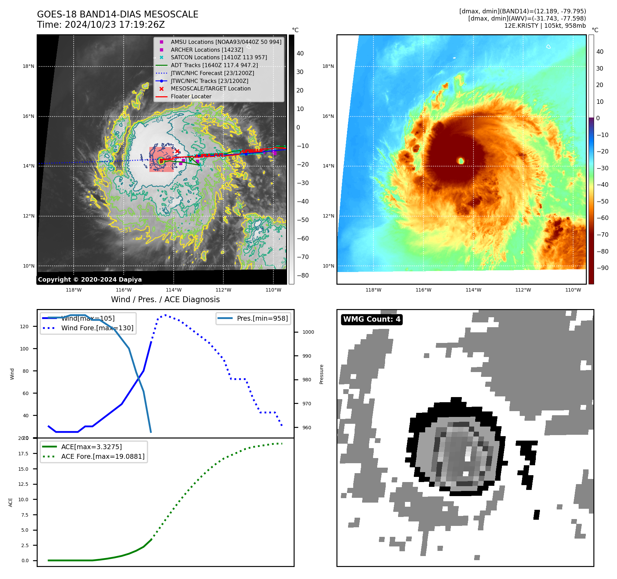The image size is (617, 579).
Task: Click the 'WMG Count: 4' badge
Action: [x=372, y=319]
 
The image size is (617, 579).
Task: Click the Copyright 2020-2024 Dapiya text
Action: [x=90, y=280]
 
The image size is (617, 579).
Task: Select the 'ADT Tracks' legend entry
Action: [x=214, y=65]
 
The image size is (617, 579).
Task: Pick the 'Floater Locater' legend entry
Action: [x=191, y=97]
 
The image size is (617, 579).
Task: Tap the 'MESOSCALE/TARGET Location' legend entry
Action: [x=210, y=89]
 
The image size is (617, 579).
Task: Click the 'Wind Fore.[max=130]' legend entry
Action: [x=97, y=328]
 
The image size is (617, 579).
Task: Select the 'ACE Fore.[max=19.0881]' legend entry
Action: [x=103, y=457]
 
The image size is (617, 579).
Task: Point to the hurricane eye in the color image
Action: [x=461, y=161]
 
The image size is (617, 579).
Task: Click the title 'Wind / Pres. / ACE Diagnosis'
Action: [x=165, y=300]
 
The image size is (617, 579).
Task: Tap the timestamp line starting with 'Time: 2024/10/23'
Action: [x=101, y=25]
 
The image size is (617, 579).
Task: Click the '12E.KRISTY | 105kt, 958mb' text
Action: [x=545, y=26]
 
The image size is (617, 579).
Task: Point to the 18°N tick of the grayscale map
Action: [x=28, y=66]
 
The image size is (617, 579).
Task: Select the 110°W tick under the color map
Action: [x=573, y=290]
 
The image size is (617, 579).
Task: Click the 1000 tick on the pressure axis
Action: [x=308, y=332]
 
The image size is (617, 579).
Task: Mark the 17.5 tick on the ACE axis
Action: [x=23, y=454]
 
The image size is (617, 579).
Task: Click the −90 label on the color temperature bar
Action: [x=602, y=268]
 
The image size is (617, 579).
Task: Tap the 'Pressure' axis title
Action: [x=322, y=374]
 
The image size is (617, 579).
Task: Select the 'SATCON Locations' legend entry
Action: [x=219, y=58]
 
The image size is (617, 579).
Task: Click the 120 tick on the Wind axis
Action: [x=24, y=327]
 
